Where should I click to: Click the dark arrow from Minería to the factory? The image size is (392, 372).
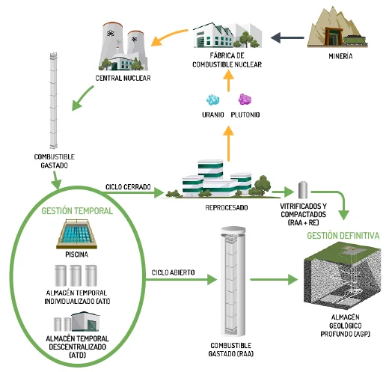(287, 37)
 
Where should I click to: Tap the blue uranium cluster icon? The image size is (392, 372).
(212, 100)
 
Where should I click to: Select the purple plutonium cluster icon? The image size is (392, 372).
(245, 99)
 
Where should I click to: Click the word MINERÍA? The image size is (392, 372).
(340, 56)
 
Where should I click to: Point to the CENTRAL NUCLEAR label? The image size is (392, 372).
(123, 78)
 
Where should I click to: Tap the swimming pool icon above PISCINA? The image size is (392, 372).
(76, 234)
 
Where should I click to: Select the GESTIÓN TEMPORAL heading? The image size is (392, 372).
(77, 211)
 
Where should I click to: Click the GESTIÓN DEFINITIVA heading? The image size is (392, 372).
(343, 236)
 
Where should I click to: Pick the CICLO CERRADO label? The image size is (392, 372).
(128, 187)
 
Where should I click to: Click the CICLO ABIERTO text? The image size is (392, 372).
(173, 272)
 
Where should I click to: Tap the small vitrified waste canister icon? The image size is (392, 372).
(303, 189)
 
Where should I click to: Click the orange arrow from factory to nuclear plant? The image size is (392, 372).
(168, 37)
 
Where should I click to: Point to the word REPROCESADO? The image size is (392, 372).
(227, 207)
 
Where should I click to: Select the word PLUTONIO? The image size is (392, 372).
(245, 115)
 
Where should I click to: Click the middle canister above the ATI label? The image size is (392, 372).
(76, 275)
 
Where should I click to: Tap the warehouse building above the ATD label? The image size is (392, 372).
(86, 321)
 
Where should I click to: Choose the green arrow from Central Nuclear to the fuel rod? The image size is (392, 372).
(82, 98)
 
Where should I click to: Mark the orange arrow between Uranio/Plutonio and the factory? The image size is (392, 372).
(228, 81)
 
